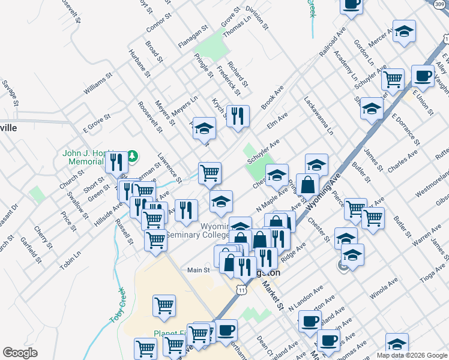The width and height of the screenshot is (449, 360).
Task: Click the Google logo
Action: click(20, 353)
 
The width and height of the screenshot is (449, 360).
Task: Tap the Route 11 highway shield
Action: click(241, 290)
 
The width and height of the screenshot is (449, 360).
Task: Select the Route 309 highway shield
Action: click(441, 4)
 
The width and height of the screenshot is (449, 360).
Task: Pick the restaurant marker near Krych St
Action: click(238, 115)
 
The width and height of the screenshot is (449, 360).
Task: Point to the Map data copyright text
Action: click(411, 355)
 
